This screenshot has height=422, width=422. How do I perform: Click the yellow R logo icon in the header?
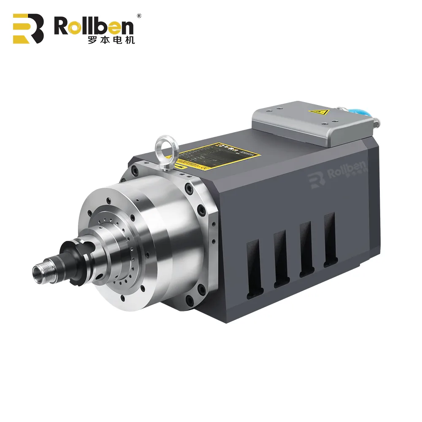pyautogui.click(x=28, y=28)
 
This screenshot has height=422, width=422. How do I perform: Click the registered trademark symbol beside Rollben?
pyautogui.click(x=139, y=16)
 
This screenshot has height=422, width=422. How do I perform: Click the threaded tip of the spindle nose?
pyautogui.click(x=42, y=268)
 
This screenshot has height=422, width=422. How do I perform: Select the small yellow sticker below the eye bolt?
pyautogui.click(x=181, y=167)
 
